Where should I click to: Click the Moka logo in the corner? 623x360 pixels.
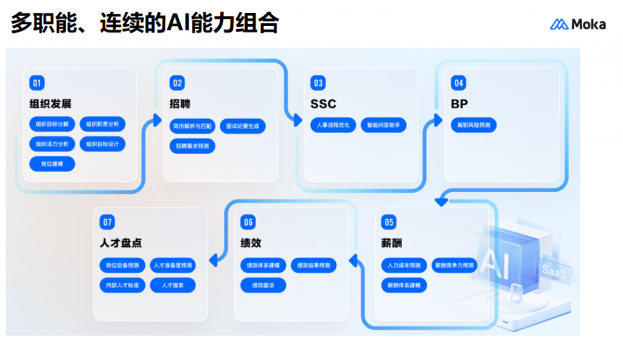tap(577, 24)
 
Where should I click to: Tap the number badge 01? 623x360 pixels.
tap(37, 83)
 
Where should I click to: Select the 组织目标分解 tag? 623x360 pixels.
tap(52, 125)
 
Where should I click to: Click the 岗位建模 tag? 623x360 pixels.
tap(52, 164)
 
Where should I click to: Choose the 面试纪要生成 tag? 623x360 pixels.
tap(242, 126)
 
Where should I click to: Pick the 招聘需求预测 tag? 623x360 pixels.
tap(192, 146)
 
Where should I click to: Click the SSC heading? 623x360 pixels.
tap(323, 104)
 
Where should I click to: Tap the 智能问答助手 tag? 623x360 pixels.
tap(383, 125)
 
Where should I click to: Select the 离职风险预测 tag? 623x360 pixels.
tap(473, 125)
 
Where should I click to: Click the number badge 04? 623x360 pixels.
tap(458, 83)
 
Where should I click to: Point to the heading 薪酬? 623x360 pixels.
tap(392, 243)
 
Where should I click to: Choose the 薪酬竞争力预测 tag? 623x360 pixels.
tap(453, 265)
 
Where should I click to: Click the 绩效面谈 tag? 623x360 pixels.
tap(263, 285)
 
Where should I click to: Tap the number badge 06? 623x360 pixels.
tap(248, 222)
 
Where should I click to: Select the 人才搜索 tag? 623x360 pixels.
tap(172, 285)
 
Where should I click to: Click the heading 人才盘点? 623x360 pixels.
tap(120, 243)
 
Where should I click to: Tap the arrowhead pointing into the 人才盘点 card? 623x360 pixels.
tap(213, 261)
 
